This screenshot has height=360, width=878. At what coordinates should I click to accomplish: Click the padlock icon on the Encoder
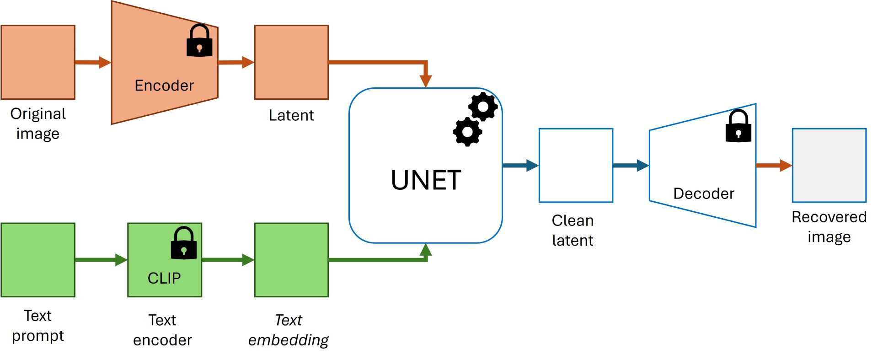tap(200, 40)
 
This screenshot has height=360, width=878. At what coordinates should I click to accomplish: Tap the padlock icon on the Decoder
tap(739, 126)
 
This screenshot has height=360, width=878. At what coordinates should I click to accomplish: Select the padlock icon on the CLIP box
tap(184, 243)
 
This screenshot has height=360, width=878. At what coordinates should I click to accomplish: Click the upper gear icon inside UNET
tap(483, 107)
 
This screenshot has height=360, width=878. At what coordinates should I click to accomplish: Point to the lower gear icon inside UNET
tap(467, 132)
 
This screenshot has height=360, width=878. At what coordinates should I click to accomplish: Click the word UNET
tap(426, 180)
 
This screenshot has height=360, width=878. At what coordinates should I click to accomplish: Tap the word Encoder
tap(164, 86)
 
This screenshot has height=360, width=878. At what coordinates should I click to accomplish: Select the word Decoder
tap(704, 193)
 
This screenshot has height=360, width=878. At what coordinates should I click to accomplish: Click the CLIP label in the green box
tap(164, 278)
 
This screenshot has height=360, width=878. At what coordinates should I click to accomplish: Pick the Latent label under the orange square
tap(291, 115)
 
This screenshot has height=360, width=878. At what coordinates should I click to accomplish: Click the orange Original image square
tap(38, 62)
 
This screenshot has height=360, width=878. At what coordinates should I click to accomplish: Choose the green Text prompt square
tap(38, 260)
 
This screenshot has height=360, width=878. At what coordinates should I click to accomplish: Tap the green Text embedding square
tap(291, 260)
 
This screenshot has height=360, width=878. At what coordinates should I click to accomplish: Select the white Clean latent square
tap(576, 165)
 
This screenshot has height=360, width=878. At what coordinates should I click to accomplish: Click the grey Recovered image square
tap(829, 165)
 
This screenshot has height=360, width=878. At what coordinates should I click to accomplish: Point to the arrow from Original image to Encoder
tap(93, 62)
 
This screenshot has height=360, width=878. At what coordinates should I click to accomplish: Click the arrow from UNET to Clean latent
tap(521, 165)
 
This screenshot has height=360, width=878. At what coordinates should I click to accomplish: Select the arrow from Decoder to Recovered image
tap(774, 165)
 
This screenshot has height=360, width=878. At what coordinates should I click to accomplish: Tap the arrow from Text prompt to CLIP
tap(101, 260)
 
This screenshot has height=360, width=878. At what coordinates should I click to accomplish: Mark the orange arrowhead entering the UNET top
tap(425, 81)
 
